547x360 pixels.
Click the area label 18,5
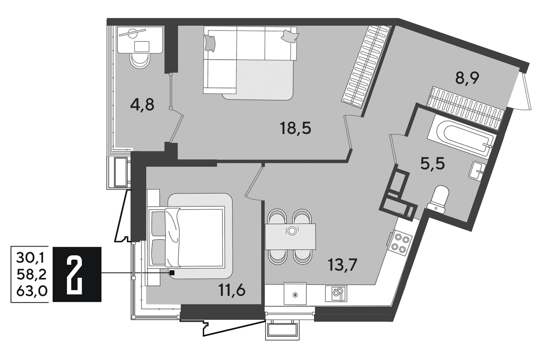pos(296,129)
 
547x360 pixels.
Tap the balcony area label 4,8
pos(142,105)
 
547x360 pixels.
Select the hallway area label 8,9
pos(467,78)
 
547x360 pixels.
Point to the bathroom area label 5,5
pos(433,164)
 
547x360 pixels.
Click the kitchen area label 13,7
pos(343,265)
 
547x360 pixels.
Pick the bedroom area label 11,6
pos(232,290)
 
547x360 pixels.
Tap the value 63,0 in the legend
pos(32,291)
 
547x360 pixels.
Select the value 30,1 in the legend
pos(30,258)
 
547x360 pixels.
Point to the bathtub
pos(461,135)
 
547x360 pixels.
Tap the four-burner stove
pos(401,243)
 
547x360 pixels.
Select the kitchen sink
pos(336,293)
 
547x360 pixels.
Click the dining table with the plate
pos(290,236)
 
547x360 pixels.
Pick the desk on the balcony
pos(140,40)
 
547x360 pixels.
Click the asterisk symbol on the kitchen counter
pos(295,295)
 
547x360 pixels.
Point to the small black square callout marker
pos(172,273)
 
